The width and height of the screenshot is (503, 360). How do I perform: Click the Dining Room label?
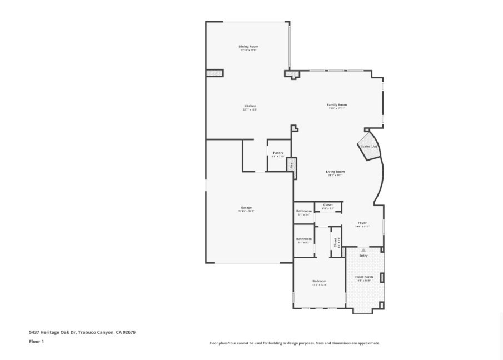click(248, 46)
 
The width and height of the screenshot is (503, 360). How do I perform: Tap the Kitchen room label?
click(250, 106)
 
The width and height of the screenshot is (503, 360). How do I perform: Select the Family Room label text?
click(337, 104)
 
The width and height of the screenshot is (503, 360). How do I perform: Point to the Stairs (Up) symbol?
click(368, 146)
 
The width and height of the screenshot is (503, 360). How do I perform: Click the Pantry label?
click(278, 153)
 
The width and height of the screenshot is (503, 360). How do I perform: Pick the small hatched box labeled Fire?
click(290, 165)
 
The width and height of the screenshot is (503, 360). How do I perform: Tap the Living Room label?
click(335, 172)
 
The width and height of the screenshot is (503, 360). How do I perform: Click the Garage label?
click(246, 208)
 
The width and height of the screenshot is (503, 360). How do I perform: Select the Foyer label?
click(362, 222)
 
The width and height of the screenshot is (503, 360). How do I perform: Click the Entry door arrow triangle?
click(363, 250)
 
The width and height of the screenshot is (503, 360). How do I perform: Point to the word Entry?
click(363, 256)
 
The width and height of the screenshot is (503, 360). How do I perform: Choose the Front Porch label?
click(363, 277)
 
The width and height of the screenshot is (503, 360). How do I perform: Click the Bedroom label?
click(319, 281)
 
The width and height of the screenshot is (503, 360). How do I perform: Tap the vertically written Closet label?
click(335, 242)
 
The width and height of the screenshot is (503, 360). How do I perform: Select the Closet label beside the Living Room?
click(328, 205)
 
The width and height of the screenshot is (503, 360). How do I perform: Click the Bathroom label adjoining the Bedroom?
click(304, 239)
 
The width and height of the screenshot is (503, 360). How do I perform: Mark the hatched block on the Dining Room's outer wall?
click(215, 73)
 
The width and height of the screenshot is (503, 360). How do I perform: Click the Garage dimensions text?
click(246, 212)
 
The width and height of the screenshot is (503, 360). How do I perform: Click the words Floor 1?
click(36, 342)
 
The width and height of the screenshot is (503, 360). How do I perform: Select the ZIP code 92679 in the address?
click(129, 332)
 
